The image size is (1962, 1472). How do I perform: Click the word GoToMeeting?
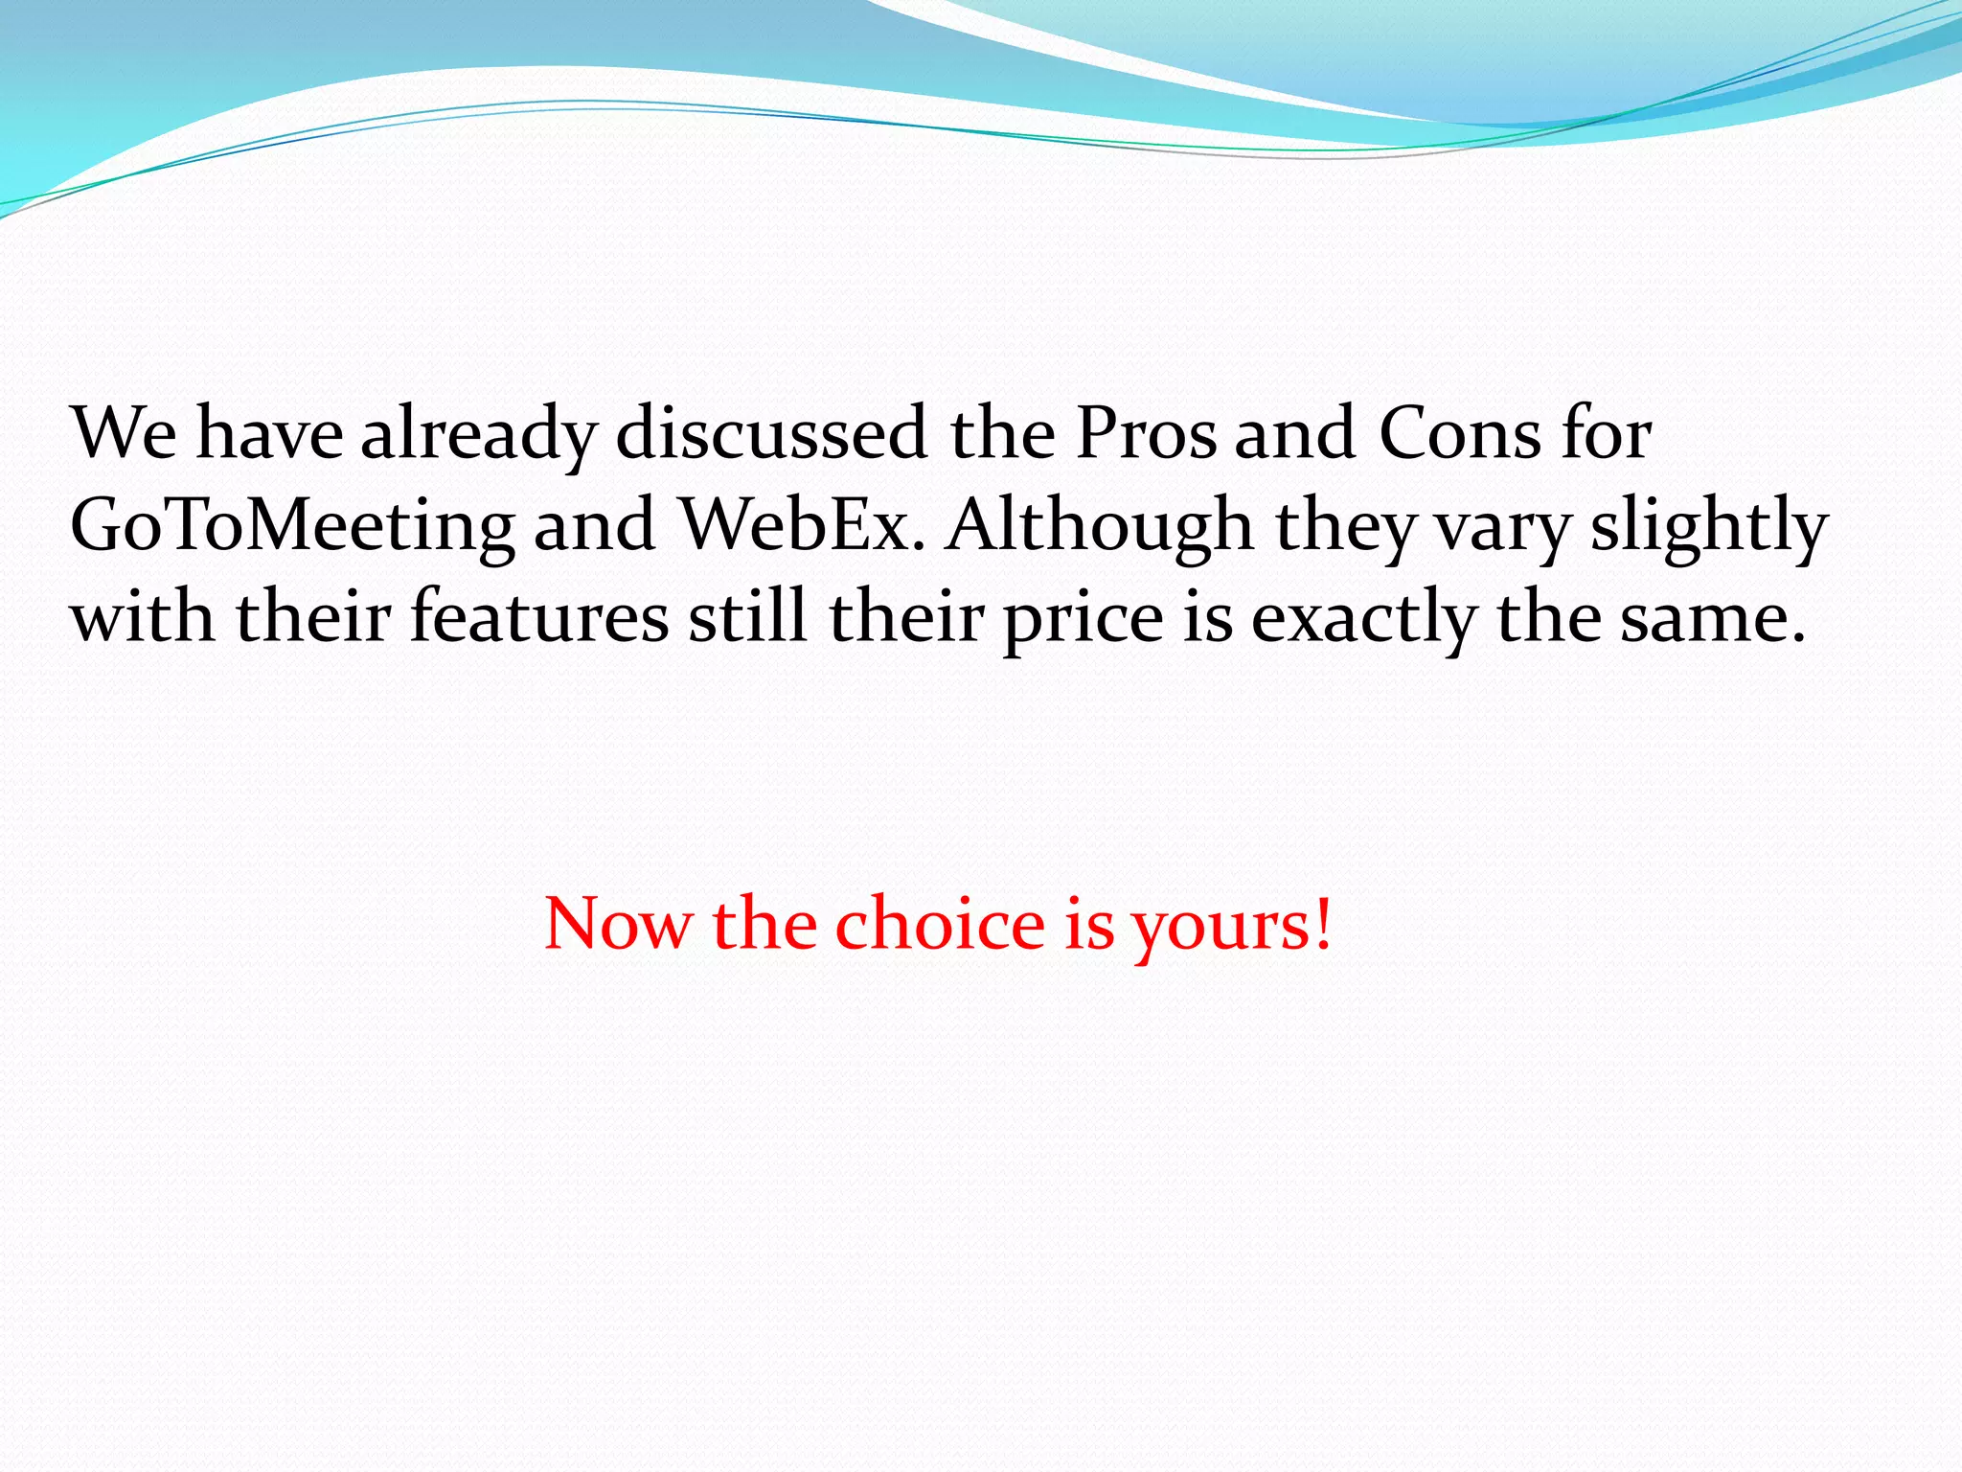pos(292,527)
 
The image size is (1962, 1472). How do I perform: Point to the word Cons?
pos(1459,433)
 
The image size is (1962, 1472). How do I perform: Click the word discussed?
pos(771,433)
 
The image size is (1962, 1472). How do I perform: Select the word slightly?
pos(1709,527)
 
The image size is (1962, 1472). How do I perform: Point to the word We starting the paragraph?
pos(124,433)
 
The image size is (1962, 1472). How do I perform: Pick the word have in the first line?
pos(269,433)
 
